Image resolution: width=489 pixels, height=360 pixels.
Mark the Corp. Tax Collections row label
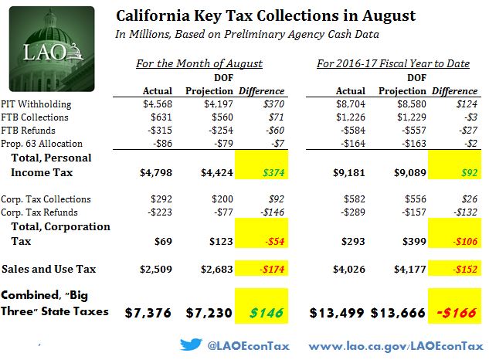(47, 199)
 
